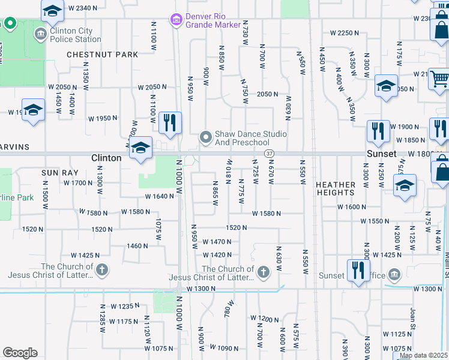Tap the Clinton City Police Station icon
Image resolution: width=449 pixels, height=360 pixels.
click(41, 34)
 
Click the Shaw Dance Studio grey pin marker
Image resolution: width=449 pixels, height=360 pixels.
click(206, 138)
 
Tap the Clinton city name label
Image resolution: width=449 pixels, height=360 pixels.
click(106, 158)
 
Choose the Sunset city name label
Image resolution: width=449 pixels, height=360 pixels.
click(382, 154)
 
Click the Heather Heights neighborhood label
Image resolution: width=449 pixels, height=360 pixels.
click(336, 188)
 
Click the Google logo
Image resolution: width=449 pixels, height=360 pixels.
click(20, 352)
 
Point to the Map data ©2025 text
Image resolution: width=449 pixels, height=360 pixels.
click(423, 355)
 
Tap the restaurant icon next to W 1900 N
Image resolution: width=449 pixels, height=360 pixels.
click(378, 131)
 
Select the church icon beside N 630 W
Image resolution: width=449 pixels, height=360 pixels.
click(263, 274)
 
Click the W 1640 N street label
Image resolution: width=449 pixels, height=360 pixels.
click(159, 196)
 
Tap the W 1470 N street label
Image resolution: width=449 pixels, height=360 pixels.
click(217, 242)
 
